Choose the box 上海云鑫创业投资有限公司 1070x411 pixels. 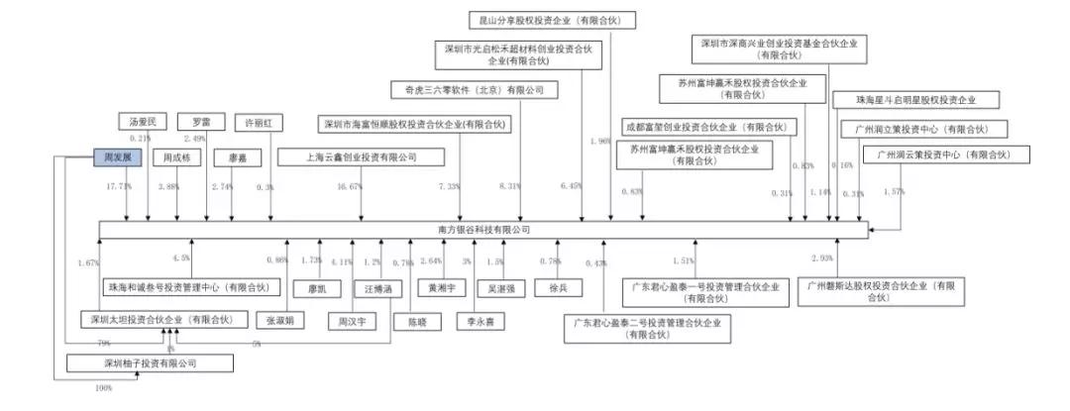pos(348,156)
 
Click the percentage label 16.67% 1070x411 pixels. pos(349,186)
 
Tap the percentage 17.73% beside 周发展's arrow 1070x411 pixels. pos(120,186)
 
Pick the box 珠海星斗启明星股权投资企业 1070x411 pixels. pos(916,100)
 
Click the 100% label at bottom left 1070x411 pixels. pos(103,387)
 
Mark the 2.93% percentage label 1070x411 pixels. pos(823,258)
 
